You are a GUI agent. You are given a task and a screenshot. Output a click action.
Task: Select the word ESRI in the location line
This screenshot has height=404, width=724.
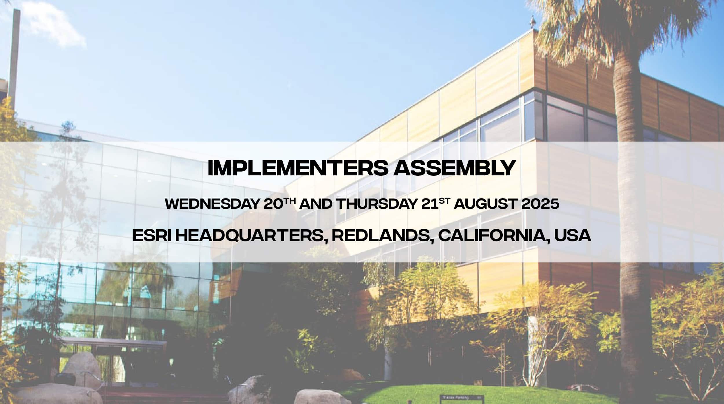click(151, 236)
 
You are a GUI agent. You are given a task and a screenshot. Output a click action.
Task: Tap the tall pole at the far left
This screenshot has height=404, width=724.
click(13, 55)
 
